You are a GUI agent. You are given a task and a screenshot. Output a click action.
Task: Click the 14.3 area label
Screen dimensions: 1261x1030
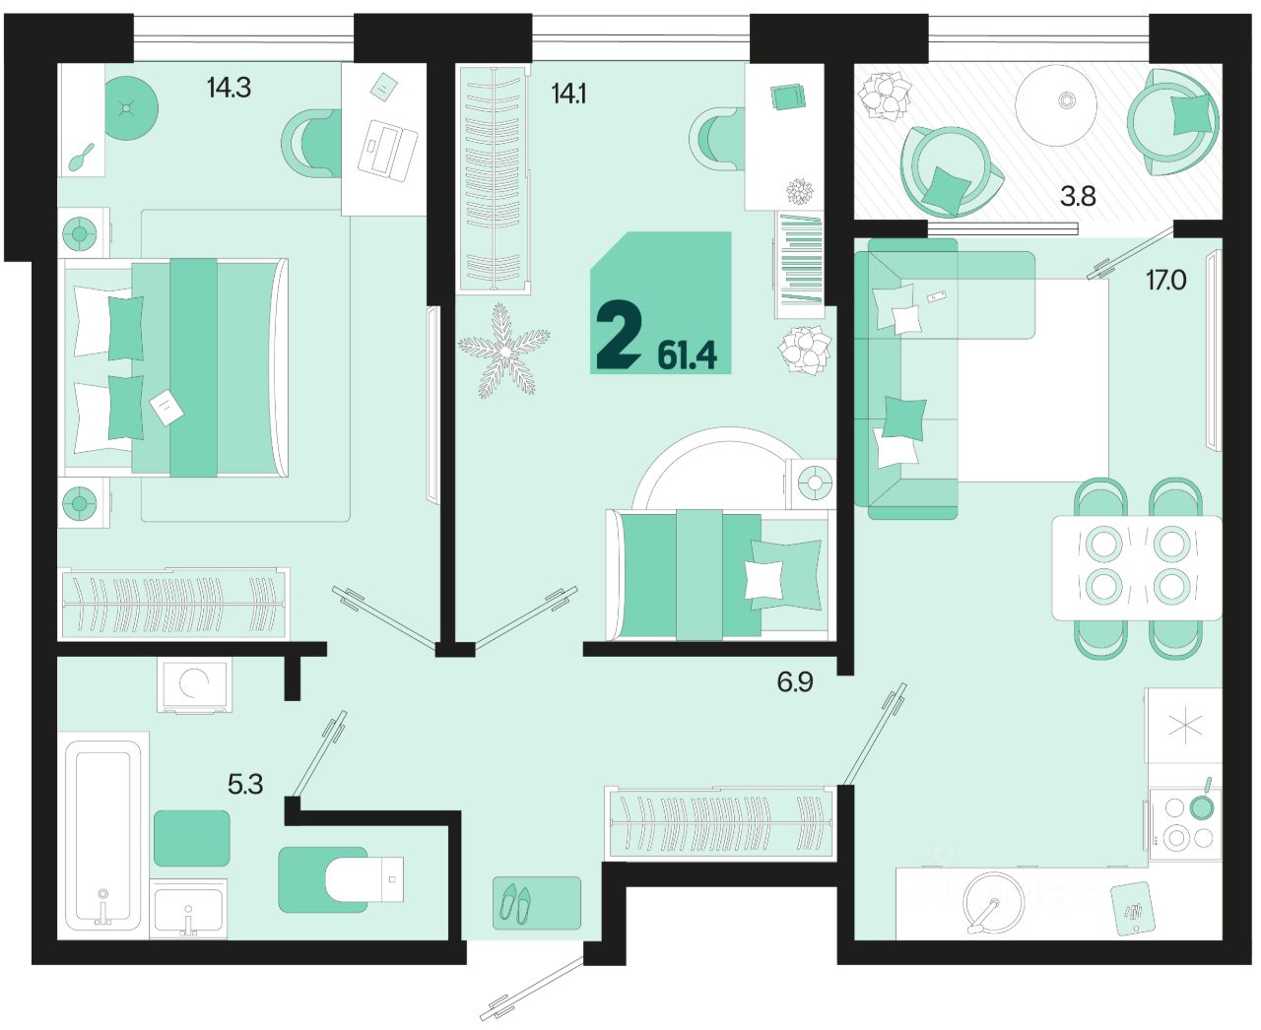coord(229,88)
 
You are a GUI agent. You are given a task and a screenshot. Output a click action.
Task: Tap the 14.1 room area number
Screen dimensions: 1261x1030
coord(568,94)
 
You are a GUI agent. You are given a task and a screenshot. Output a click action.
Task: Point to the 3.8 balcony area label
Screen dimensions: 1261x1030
coord(1078,196)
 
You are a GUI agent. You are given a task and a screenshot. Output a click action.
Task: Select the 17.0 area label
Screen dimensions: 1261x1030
coord(1165,280)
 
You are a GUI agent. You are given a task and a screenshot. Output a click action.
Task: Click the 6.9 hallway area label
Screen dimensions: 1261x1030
coord(795,681)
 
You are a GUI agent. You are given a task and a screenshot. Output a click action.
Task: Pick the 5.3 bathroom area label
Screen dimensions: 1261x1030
coord(245,784)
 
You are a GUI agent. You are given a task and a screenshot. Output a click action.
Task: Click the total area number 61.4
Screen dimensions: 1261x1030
coord(687,355)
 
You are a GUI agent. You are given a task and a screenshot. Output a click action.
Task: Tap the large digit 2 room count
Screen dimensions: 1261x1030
coord(619,336)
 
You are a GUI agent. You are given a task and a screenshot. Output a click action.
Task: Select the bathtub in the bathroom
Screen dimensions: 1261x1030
coord(102,834)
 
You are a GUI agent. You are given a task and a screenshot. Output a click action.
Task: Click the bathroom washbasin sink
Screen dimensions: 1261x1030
coord(188,908)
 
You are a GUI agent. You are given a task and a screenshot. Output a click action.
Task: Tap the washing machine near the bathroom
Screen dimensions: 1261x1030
coord(194,685)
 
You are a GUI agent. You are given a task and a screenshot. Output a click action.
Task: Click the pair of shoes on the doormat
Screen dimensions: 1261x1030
coord(515,903)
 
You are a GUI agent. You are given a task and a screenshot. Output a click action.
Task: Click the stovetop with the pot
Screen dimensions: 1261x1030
coord(1184,825)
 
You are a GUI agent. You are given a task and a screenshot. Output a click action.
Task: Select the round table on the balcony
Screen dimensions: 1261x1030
coord(1056,105)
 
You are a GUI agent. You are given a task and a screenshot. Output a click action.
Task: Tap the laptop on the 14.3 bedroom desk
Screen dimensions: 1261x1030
coord(387,149)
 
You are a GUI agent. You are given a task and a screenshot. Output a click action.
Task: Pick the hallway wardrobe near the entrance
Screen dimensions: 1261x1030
coord(720,824)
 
